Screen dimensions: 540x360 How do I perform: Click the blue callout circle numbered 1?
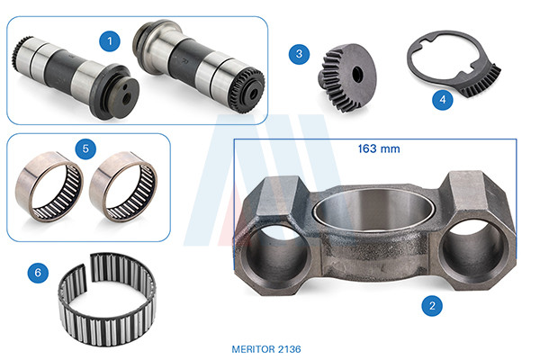pyautogui.click(x=110, y=41)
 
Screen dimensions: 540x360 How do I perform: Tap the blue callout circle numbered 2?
pyautogui.click(x=432, y=306)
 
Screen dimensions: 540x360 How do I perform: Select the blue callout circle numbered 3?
pyautogui.click(x=300, y=54)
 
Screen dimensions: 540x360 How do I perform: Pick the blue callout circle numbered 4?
pyautogui.click(x=443, y=100)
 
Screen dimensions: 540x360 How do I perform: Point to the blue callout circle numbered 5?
pyautogui.click(x=85, y=148)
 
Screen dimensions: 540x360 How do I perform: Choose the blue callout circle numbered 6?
pyautogui.click(x=38, y=273)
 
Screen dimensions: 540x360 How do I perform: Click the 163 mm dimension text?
pyautogui.click(x=379, y=148)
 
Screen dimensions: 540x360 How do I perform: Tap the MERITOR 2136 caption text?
pyautogui.click(x=266, y=349)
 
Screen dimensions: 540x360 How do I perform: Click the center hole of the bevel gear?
pyautogui.click(x=358, y=74)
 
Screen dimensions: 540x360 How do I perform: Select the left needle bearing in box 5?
pyautogui.click(x=49, y=186)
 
